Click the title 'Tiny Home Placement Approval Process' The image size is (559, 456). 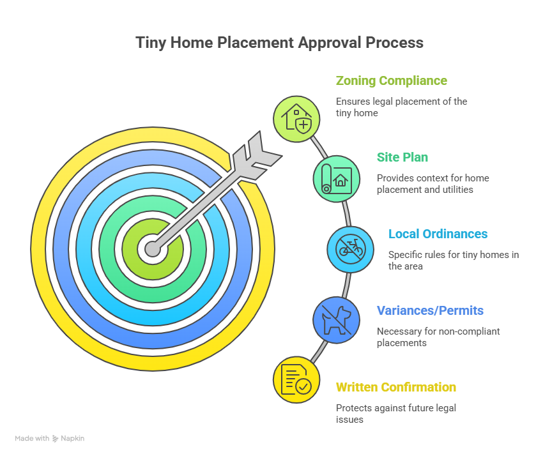coord(279,43)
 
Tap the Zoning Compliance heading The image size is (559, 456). coord(391,81)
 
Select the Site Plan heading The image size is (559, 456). coord(402,158)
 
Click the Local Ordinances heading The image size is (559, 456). coord(438,234)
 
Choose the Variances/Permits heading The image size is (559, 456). coord(429,311)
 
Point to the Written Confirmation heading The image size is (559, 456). coord(395,388)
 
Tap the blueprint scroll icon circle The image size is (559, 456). coord(336,179)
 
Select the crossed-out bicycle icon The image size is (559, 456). coord(351,249)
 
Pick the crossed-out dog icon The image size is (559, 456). coord(336,319)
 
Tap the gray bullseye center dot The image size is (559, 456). coord(153,248)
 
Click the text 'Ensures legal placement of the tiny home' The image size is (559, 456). coord(401,107)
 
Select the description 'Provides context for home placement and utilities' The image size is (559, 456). coord(433,184)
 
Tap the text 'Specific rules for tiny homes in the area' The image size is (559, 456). coord(453,261)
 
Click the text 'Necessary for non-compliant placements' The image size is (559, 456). coord(438,337)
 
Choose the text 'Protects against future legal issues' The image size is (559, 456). coord(395,414)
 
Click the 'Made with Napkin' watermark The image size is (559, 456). coord(50,439)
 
